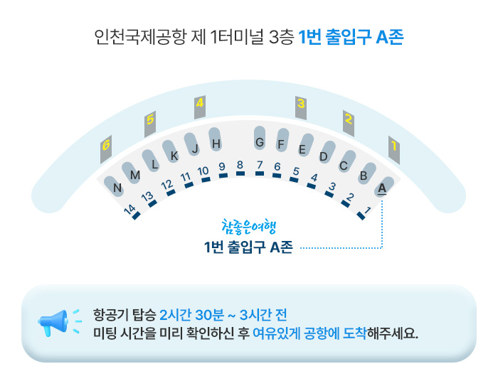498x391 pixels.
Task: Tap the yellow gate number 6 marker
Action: pyautogui.click(x=106, y=146)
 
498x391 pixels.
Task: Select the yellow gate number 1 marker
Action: pyautogui.click(x=393, y=146)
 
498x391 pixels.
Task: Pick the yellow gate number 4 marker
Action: pyautogui.click(x=200, y=104)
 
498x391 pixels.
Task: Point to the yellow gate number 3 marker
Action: pyautogui.click(x=301, y=104)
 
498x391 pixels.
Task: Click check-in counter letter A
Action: pyautogui.click(x=382, y=188)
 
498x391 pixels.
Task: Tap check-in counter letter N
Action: pyautogui.click(x=117, y=188)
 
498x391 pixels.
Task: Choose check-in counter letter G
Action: pyautogui.click(x=260, y=142)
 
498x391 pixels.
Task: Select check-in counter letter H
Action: pyautogui.click(x=216, y=144)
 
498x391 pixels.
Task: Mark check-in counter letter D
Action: pyautogui.click(x=323, y=156)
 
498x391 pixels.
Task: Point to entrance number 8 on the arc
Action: pyautogui.click(x=240, y=166)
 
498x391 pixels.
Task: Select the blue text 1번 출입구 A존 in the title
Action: pyautogui.click(x=351, y=37)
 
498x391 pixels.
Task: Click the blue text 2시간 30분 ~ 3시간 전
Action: pyautogui.click(x=223, y=314)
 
